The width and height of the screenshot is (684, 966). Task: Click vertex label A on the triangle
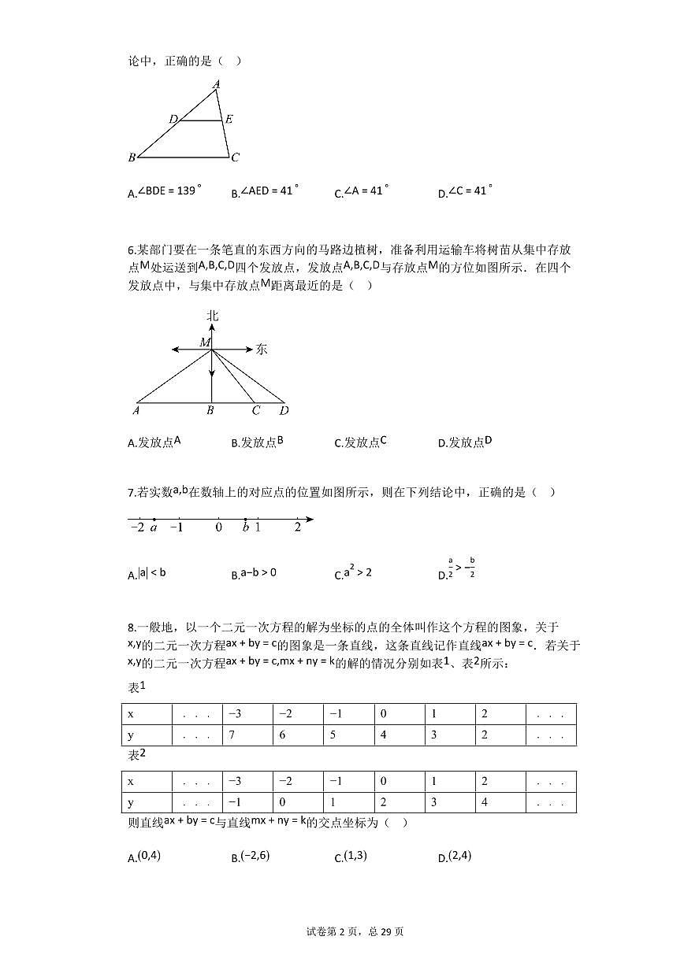click(x=216, y=83)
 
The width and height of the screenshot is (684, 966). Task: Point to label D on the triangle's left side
click(x=172, y=120)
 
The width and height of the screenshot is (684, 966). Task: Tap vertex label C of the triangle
click(x=235, y=157)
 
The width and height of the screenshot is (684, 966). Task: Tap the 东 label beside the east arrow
click(x=262, y=350)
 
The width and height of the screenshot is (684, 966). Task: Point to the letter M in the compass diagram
click(x=205, y=342)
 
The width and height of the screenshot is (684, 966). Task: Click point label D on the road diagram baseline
click(x=284, y=410)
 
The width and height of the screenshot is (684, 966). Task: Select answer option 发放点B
click(x=257, y=442)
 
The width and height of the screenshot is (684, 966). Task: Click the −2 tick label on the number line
click(x=136, y=527)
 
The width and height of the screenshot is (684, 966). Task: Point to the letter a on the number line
click(x=154, y=527)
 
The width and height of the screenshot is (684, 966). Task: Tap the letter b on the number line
click(x=246, y=527)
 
